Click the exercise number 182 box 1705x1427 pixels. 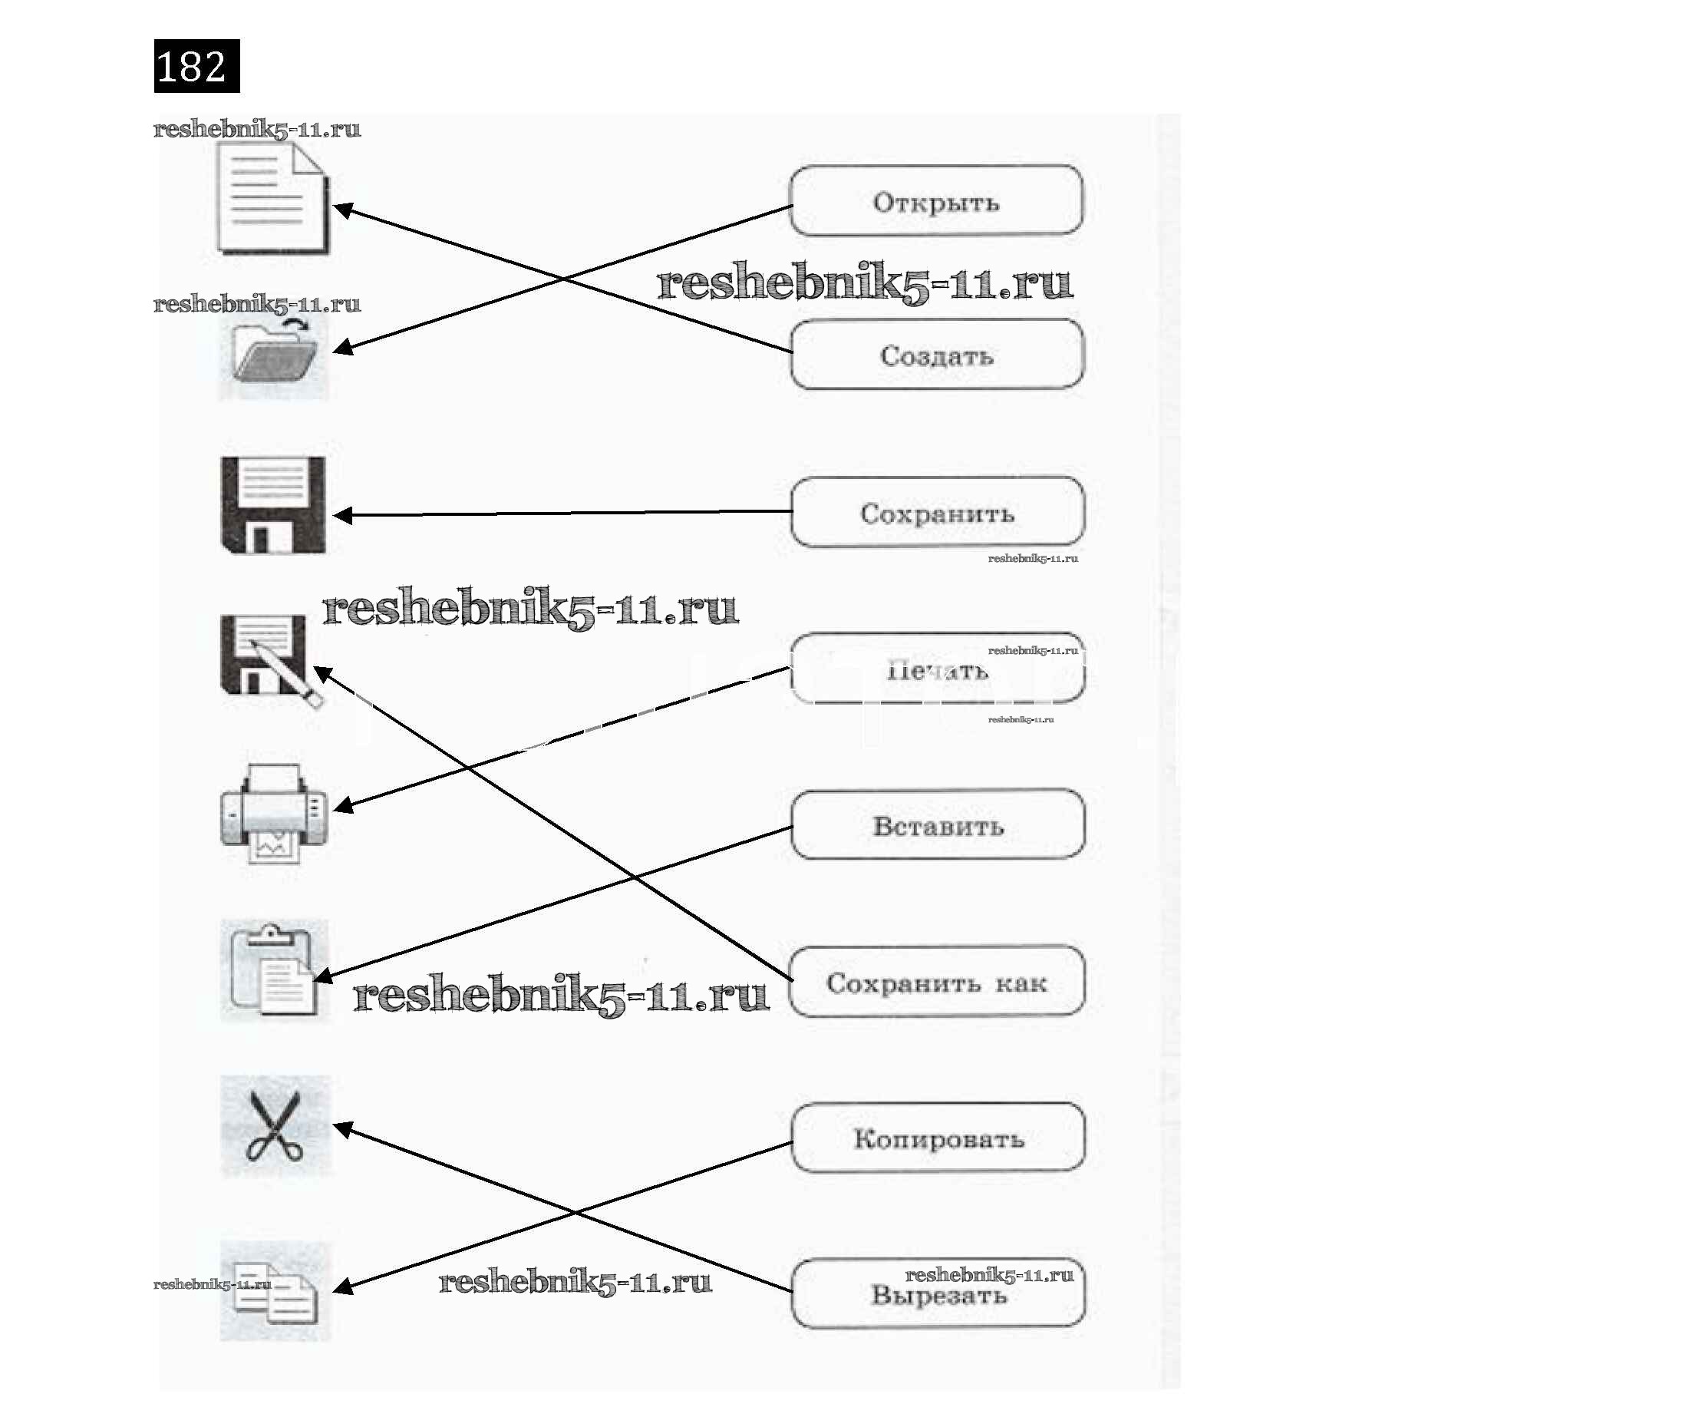196,66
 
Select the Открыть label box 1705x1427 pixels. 936,200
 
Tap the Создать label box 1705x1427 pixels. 937,354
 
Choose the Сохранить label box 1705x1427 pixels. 938,512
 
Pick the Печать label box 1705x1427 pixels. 938,669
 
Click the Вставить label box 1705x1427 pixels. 938,824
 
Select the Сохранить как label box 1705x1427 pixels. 937,981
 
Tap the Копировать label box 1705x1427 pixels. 938,1137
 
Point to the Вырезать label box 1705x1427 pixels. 938,1293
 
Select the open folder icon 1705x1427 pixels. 274,355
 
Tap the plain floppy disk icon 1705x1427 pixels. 274,505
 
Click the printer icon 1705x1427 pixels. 274,813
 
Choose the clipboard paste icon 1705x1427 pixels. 274,970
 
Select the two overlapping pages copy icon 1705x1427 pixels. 275,1290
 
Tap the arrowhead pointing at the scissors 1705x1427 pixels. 343,1128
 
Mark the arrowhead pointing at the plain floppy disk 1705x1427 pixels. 343,516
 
